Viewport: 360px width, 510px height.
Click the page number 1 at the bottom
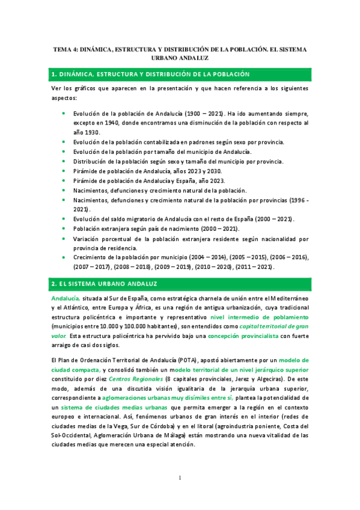(180, 478)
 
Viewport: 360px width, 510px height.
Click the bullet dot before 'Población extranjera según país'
(64, 229)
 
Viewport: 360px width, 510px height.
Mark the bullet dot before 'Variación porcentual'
(64, 238)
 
